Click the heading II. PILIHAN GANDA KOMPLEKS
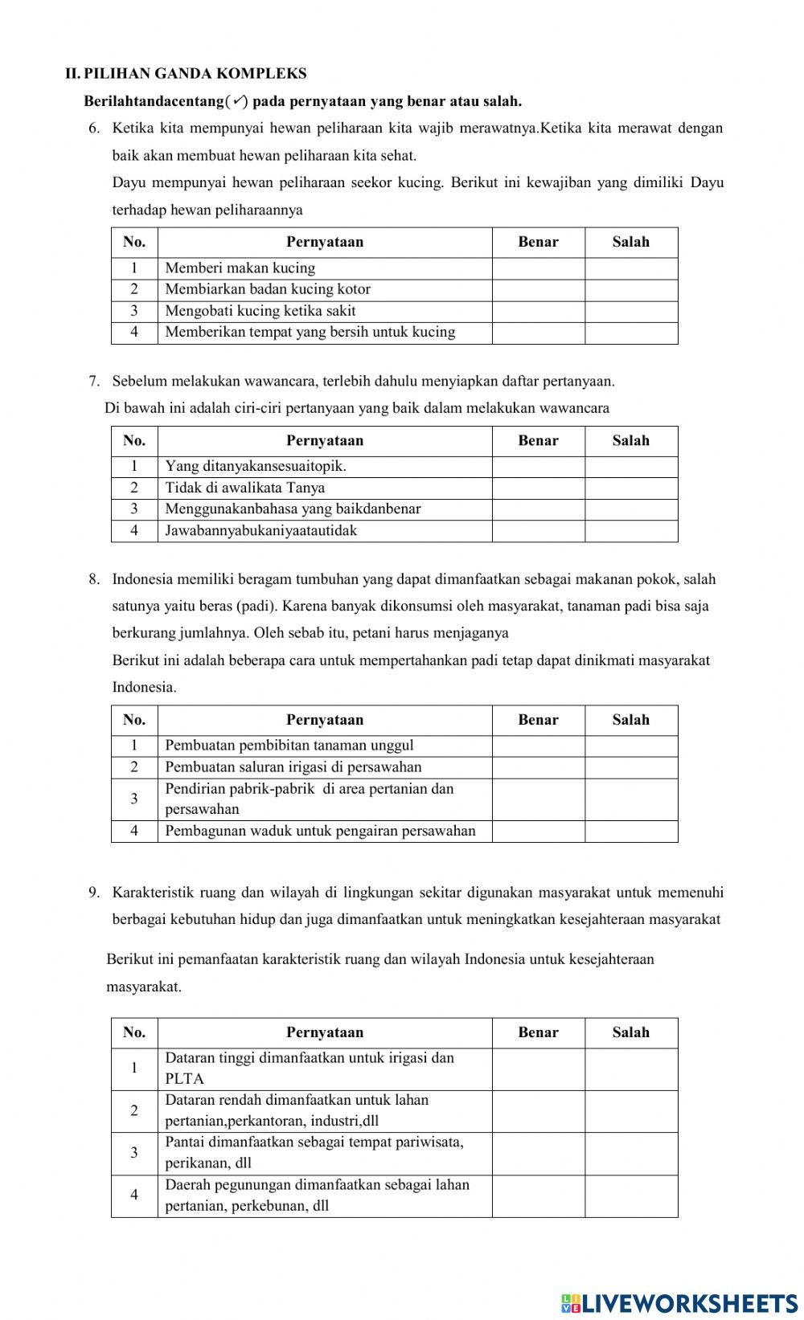186,74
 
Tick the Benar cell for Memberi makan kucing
538,268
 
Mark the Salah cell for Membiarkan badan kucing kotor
631,289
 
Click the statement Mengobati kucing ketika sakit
260,311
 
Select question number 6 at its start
94,128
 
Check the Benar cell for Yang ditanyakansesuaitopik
538,467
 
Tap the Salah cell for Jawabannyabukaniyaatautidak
631,531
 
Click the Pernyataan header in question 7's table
325,440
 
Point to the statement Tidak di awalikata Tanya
245,488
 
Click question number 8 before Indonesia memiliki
94,579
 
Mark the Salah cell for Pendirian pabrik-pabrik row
631,799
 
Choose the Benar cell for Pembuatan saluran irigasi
538,767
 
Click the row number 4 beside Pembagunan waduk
134,831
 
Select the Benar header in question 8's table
538,720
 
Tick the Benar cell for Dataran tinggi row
538,1069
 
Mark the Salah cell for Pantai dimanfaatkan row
631,1153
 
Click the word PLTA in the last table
184,1079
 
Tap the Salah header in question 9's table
631,1032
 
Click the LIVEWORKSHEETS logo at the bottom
679,1302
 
